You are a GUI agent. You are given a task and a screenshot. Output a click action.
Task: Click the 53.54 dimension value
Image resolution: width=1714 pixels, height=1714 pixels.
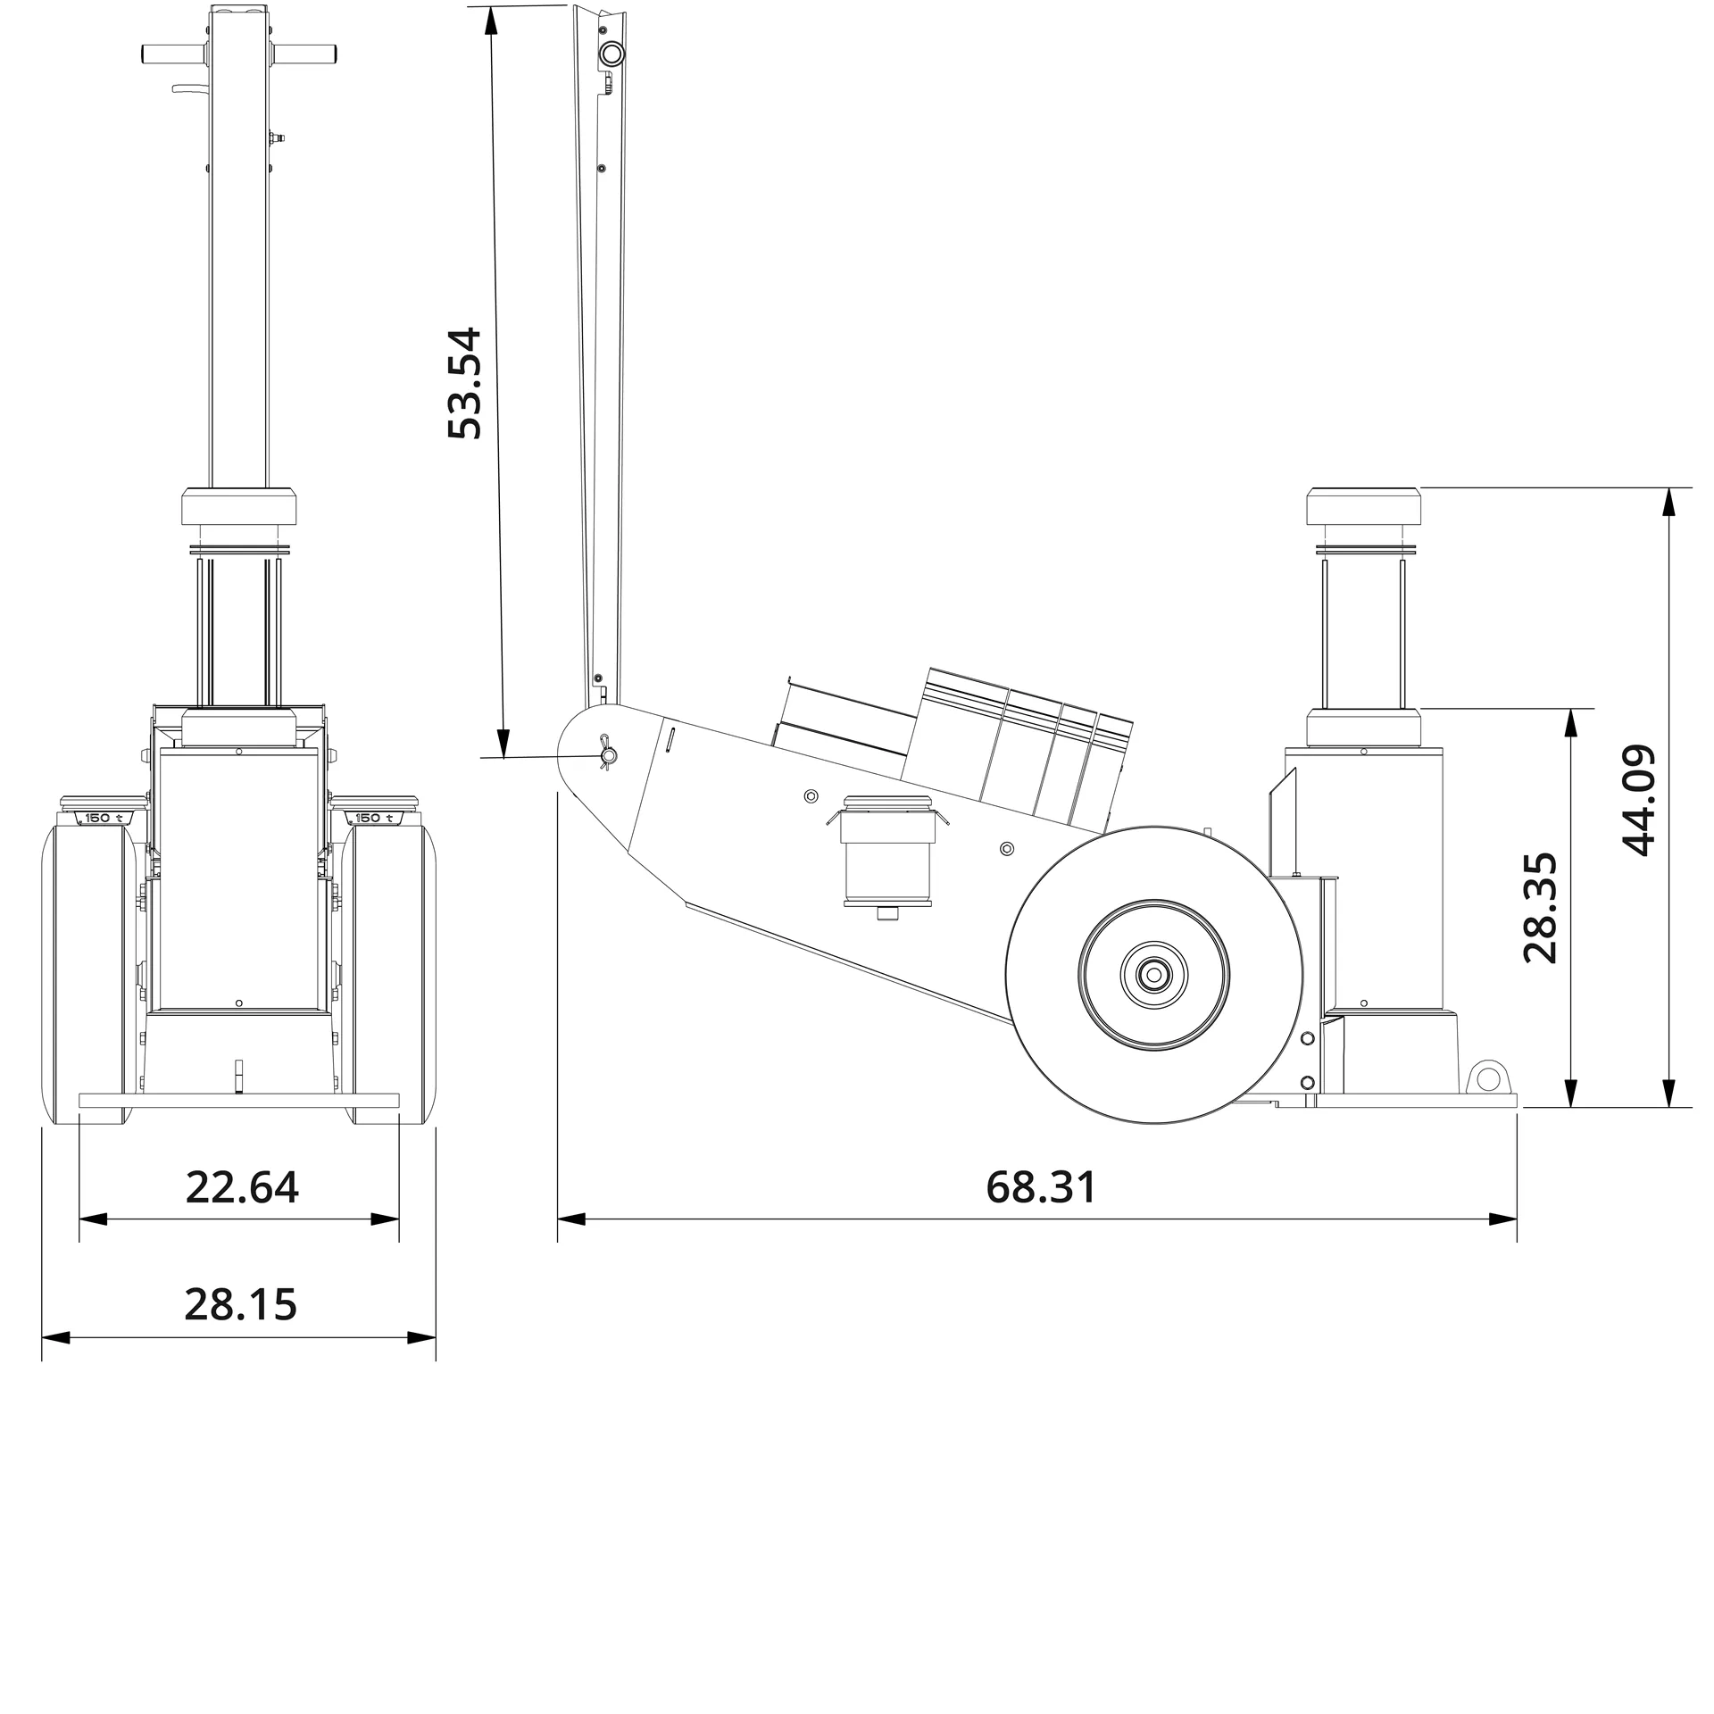tap(464, 384)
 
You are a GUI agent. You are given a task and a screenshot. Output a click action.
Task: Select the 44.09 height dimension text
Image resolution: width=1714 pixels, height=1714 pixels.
tap(1638, 800)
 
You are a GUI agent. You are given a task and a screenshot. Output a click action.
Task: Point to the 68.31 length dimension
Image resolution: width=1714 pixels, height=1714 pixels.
tap(1040, 1187)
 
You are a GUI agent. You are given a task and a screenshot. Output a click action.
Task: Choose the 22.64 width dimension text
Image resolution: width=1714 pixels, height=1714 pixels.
tap(242, 1187)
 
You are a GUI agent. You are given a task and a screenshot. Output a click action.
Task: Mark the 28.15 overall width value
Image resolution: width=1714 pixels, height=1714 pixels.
tap(240, 1305)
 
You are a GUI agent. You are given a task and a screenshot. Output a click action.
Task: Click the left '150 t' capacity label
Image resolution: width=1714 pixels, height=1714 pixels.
tap(104, 818)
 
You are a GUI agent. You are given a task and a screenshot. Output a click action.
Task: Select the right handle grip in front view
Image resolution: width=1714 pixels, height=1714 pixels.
tap(306, 54)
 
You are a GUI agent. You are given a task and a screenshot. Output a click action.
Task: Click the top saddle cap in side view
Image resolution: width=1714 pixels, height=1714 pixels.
tap(1362, 507)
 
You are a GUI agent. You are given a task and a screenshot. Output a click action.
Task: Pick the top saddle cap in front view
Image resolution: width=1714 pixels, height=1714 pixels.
tap(239, 507)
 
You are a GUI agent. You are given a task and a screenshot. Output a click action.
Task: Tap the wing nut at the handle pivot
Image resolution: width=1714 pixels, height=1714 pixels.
tap(608, 756)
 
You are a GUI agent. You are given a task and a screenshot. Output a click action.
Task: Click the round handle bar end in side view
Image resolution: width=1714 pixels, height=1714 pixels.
tap(612, 54)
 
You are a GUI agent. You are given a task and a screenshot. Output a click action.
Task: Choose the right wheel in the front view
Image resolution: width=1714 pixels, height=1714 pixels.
tap(389, 973)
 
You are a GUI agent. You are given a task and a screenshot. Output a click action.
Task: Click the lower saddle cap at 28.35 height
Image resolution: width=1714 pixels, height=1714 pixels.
tap(1362, 728)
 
